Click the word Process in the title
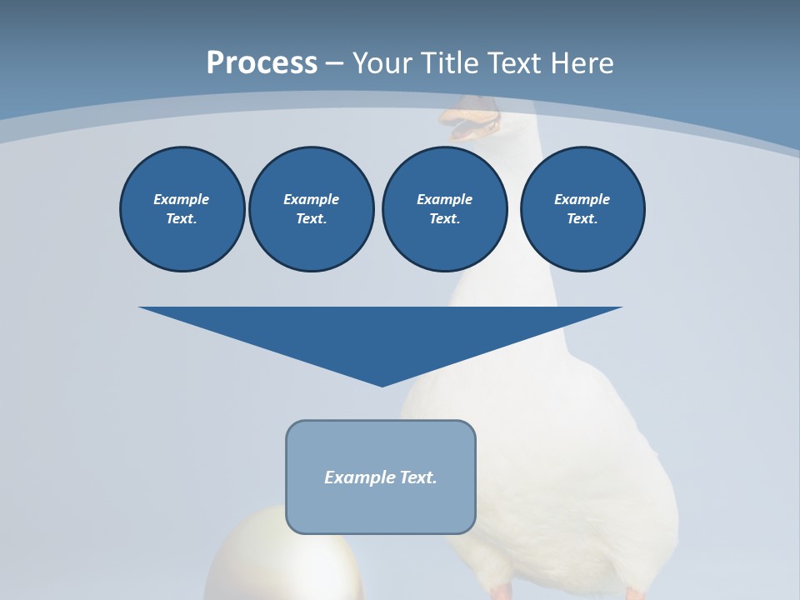(262, 62)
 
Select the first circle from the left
(182, 208)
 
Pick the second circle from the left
(311, 208)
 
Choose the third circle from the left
(444, 208)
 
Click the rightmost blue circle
(582, 208)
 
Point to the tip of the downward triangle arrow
(382, 385)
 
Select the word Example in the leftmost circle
(182, 199)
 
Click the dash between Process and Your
(334, 64)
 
